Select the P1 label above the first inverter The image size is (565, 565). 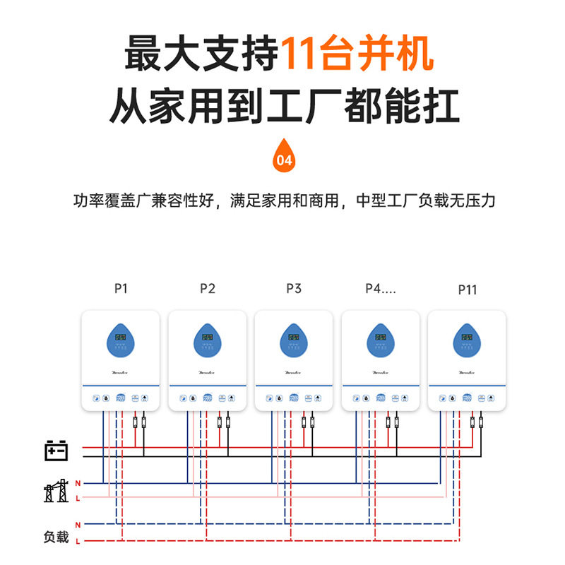pyautogui.click(x=121, y=288)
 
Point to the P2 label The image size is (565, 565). pyautogui.click(x=207, y=288)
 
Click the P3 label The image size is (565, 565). pyautogui.click(x=294, y=288)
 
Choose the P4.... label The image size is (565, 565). pyautogui.click(x=380, y=288)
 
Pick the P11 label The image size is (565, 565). pyautogui.click(x=468, y=290)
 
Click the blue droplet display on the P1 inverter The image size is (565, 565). pyautogui.click(x=121, y=340)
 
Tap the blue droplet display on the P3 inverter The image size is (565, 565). pyautogui.click(x=294, y=340)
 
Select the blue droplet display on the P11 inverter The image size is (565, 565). pyautogui.click(x=467, y=340)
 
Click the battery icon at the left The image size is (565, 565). pyautogui.click(x=56, y=450)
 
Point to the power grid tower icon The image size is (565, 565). pyautogui.click(x=56, y=490)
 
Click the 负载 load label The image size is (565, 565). pyautogui.click(x=56, y=537)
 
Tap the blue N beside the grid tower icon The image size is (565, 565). pyautogui.click(x=78, y=483)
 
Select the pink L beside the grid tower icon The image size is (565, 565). pyautogui.click(x=78, y=498)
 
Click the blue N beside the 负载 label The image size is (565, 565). pyautogui.click(x=78, y=525)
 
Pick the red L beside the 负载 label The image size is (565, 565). pyautogui.click(x=78, y=541)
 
